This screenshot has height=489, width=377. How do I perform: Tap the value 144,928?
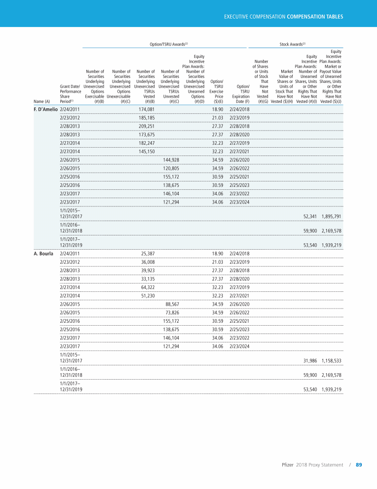[x=171, y=160]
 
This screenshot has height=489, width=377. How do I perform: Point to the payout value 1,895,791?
[x=331, y=216]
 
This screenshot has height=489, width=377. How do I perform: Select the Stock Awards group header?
[x=293, y=44]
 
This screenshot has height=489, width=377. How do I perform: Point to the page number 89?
[x=358, y=465]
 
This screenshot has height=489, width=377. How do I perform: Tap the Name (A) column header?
[x=42, y=102]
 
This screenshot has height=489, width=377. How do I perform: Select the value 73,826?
[x=173, y=314]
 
